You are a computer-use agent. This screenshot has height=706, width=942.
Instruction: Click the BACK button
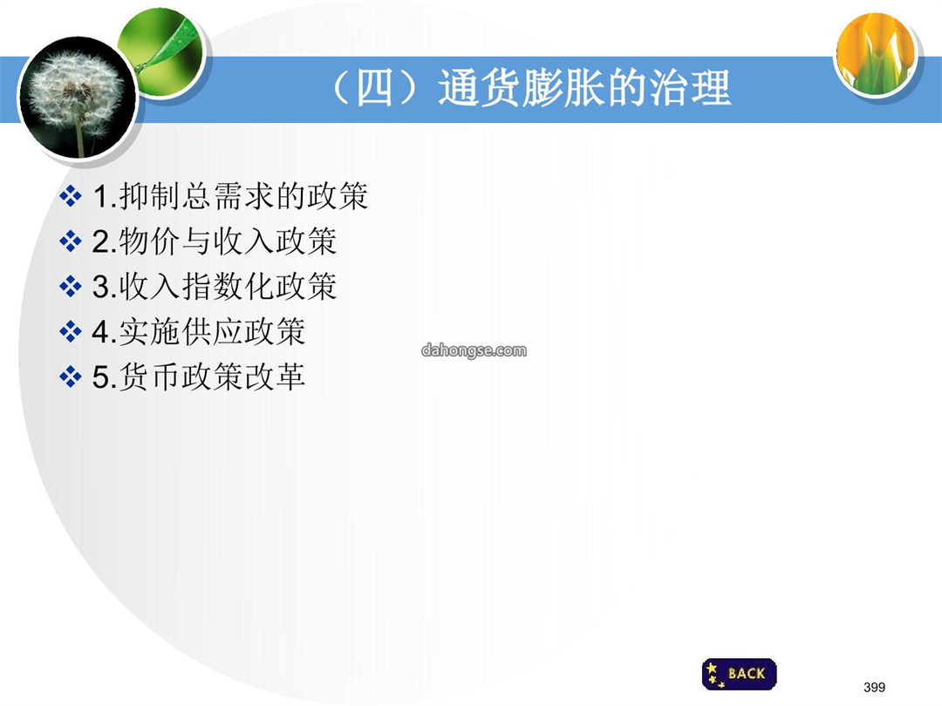tap(739, 674)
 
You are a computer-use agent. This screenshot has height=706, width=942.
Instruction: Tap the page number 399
tap(874, 687)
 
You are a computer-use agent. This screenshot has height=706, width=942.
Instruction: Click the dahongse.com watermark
tap(474, 350)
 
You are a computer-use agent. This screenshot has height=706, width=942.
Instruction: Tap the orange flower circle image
tap(877, 54)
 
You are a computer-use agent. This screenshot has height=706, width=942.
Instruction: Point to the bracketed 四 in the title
tap(374, 88)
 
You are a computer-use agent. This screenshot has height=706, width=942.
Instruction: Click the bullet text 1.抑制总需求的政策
tap(230, 196)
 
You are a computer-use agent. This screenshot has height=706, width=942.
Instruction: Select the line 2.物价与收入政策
tap(215, 241)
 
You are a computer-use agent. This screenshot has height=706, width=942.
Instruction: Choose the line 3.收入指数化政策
tap(215, 287)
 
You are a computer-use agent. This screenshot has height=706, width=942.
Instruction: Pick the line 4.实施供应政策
tap(199, 331)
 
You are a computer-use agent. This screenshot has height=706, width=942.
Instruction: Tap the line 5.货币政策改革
tap(199, 377)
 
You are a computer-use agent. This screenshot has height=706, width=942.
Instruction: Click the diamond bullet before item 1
tap(71, 196)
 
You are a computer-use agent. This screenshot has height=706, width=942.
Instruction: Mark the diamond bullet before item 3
tap(71, 287)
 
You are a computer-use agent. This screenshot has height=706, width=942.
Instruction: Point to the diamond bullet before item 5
tap(71, 377)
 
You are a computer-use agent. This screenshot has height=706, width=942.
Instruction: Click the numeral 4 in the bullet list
tap(100, 332)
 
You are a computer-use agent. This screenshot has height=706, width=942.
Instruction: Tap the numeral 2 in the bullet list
tap(100, 242)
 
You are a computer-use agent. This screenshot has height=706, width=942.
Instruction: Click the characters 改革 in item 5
tap(275, 377)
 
